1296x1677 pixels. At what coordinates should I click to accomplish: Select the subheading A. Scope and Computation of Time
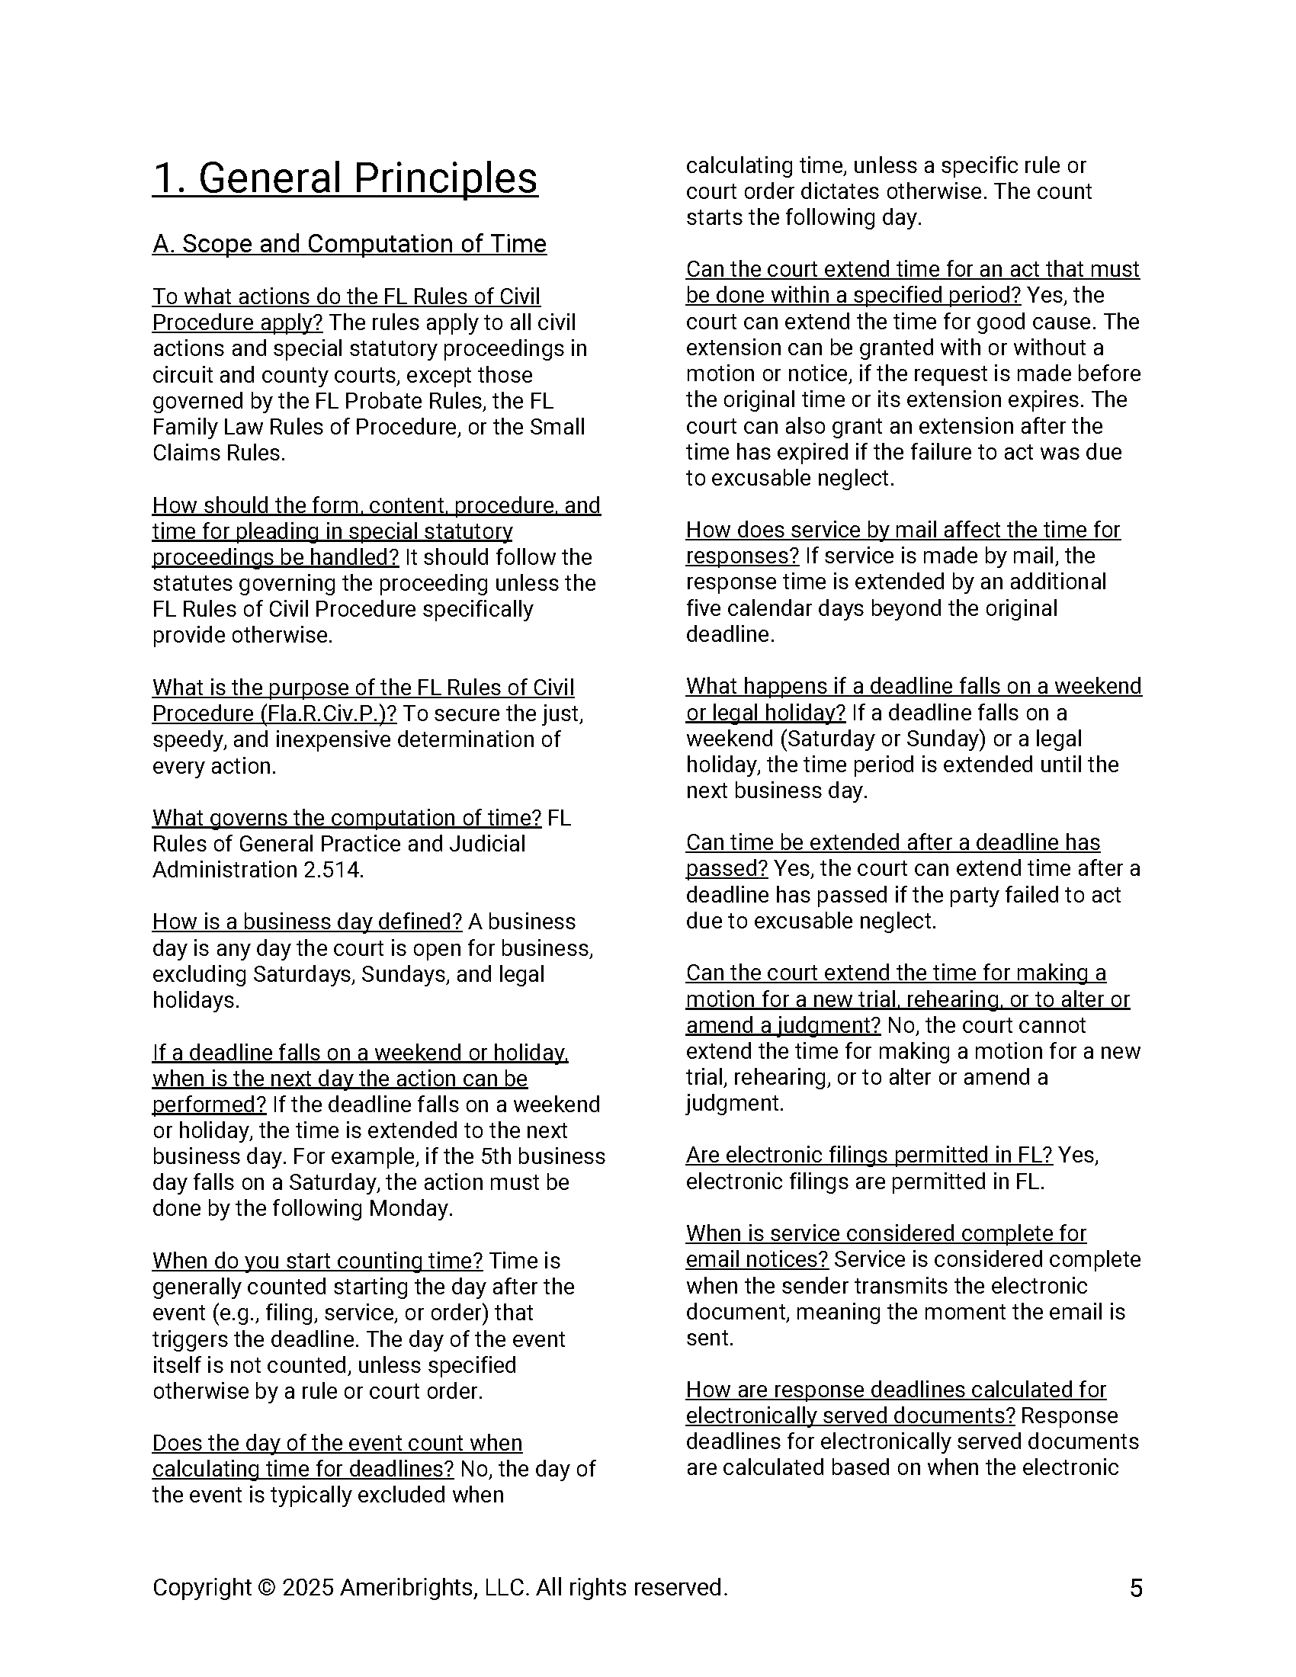[349, 243]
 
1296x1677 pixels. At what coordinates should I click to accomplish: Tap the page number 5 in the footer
[1137, 1588]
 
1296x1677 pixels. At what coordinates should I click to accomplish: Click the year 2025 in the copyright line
[307, 1587]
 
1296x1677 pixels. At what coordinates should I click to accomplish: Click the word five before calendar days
[704, 608]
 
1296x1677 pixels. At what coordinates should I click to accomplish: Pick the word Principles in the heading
[445, 178]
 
